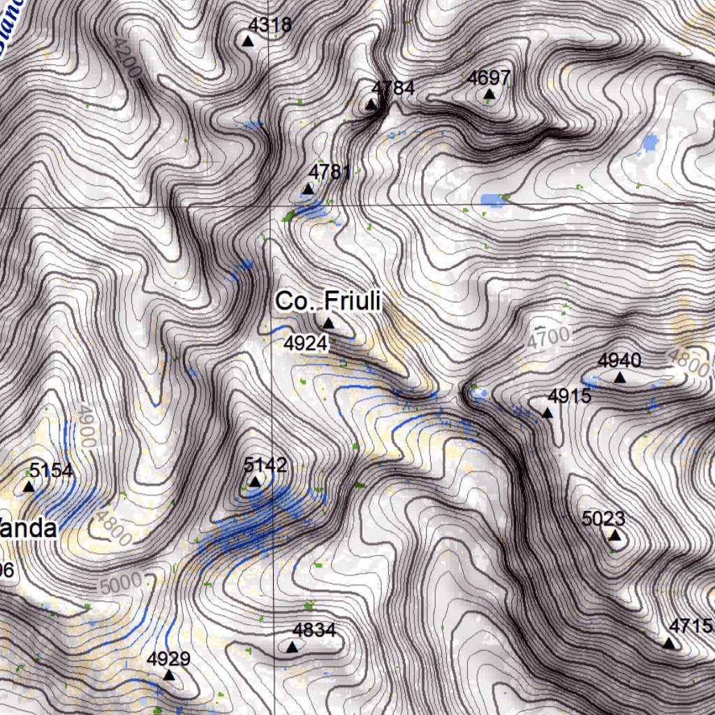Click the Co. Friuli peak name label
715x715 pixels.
pyautogui.click(x=327, y=302)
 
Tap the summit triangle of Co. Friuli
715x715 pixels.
pyautogui.click(x=328, y=323)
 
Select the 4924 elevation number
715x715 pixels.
pyautogui.click(x=305, y=343)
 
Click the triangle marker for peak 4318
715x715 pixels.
pyautogui.click(x=247, y=41)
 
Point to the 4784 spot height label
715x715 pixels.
pyautogui.click(x=393, y=88)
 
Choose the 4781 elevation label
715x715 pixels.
pyautogui.click(x=330, y=172)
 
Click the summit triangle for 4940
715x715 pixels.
pyautogui.click(x=620, y=378)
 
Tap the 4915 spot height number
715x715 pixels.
pyautogui.click(x=569, y=397)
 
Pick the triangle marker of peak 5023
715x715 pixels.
pyautogui.click(x=614, y=536)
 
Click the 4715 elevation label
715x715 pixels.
pyautogui.click(x=690, y=626)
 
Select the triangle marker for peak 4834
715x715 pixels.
pyautogui.click(x=293, y=648)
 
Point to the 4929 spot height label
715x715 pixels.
pyautogui.click(x=168, y=658)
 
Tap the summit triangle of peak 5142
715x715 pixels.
pyautogui.click(x=255, y=482)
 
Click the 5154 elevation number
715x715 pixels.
pyautogui.click(x=51, y=471)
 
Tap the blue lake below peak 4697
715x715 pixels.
pyautogui.click(x=494, y=200)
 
